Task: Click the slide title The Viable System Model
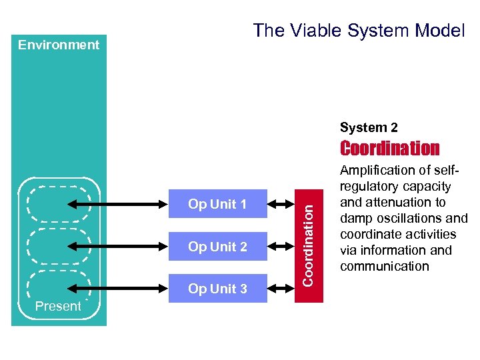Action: (359, 31)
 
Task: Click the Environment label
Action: (59, 45)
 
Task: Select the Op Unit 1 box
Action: (217, 204)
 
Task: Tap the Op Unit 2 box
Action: (217, 247)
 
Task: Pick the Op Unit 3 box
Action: (217, 289)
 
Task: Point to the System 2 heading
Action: (369, 127)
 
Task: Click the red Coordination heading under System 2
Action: (390, 148)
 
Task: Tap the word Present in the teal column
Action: (58, 307)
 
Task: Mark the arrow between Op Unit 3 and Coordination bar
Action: (281, 289)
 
